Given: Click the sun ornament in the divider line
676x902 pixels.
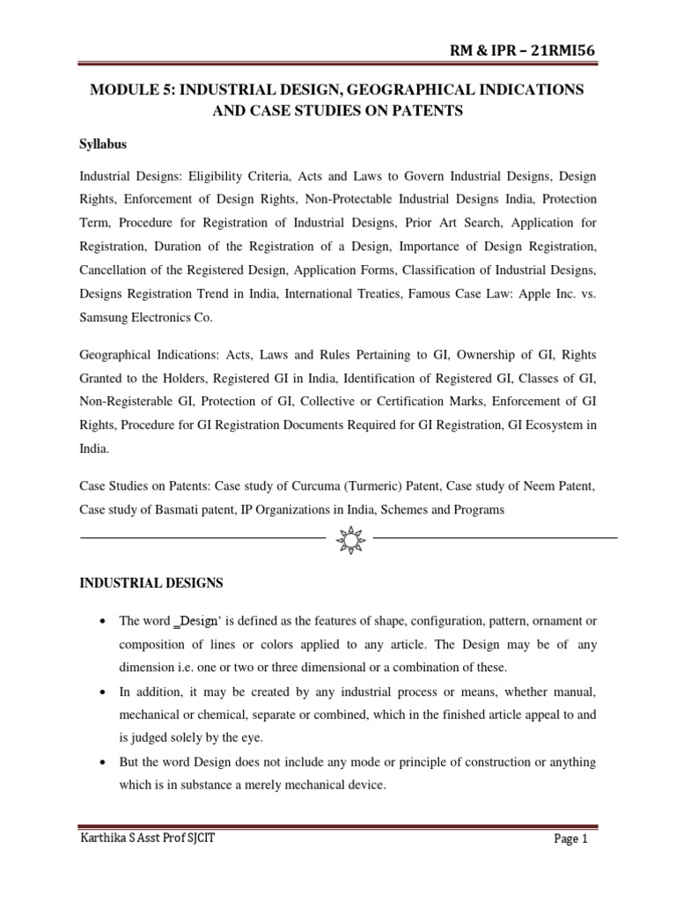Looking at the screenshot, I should [x=349, y=536].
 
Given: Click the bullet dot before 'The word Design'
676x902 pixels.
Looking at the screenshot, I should [x=104, y=621].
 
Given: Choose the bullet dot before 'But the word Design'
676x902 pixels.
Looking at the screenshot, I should [x=104, y=761].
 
